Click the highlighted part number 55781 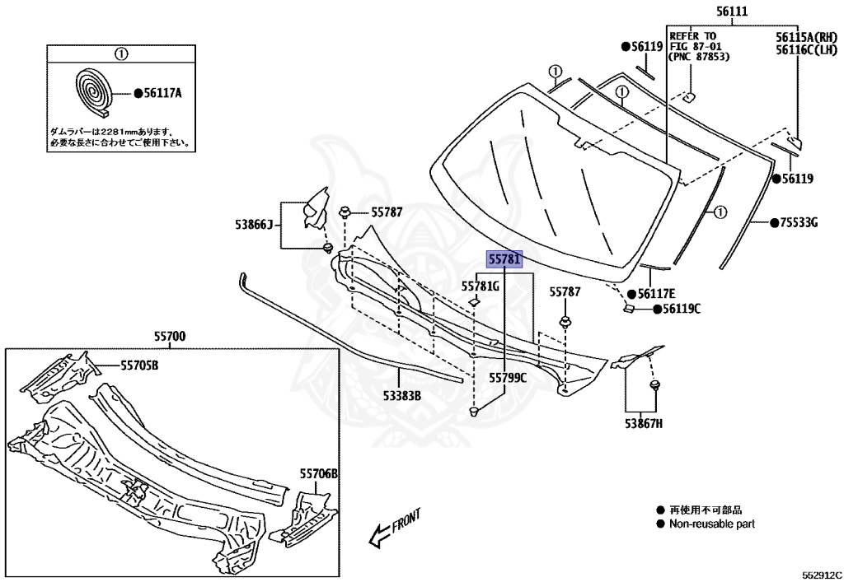(x=504, y=259)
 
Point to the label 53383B (x=401, y=395)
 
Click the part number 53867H (x=641, y=423)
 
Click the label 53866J (x=253, y=224)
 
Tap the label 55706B (x=319, y=474)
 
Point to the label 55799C (x=507, y=378)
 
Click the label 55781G (x=480, y=286)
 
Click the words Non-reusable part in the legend (x=710, y=524)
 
